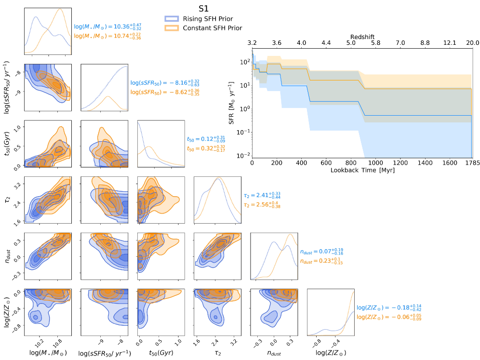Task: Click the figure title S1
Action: [204, 9]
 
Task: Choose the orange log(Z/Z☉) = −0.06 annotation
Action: [382, 317]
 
